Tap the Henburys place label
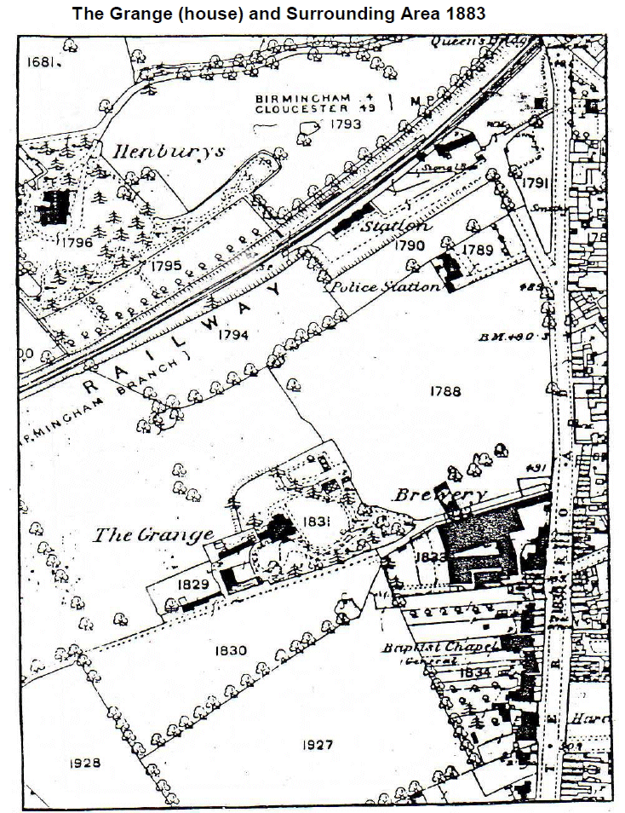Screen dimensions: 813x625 169,151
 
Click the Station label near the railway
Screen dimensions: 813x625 395,227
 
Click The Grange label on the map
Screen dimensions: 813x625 152,535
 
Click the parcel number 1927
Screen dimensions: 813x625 317,745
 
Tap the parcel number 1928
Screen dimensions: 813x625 84,763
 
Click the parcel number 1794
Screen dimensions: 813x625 232,335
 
